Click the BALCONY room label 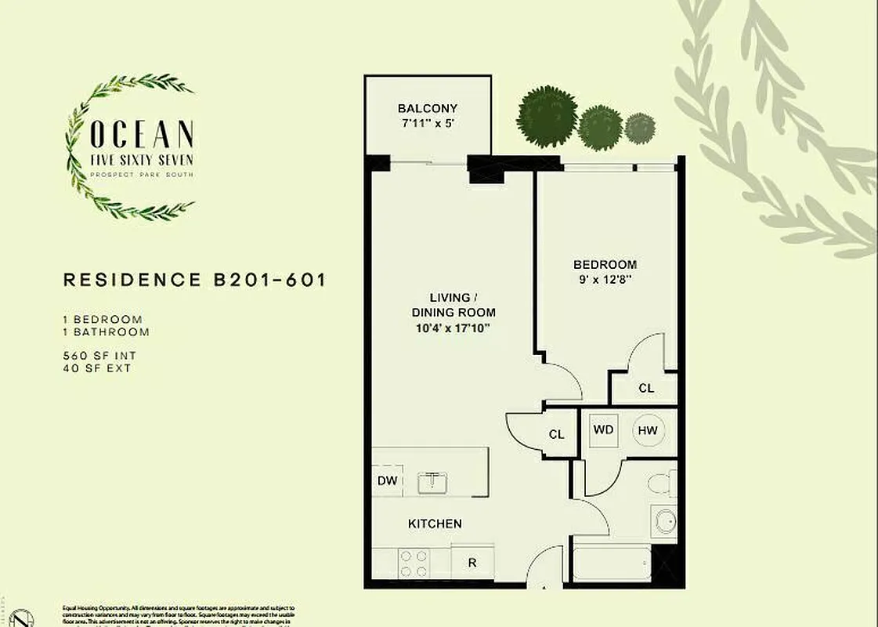coord(427,108)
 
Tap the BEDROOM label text coord(604,265)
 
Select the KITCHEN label coord(435,524)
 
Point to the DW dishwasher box coord(387,481)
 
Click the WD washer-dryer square coord(603,430)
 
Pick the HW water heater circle coord(647,430)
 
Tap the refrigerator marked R coord(473,563)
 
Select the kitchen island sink coord(432,482)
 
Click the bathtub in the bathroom coord(612,564)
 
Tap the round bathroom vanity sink coord(664,521)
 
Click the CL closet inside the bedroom coord(645,388)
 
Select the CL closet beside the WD coord(557,434)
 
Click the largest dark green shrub coord(545,117)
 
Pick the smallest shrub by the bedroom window coord(640,129)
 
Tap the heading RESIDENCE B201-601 coord(194,280)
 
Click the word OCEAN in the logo coord(142,135)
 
